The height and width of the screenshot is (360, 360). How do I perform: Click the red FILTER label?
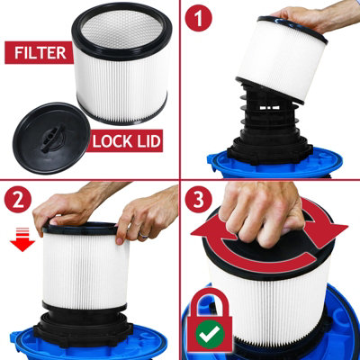(39, 53)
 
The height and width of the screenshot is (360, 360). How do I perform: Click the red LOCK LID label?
(125, 141)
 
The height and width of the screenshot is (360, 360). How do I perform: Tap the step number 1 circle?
(199, 18)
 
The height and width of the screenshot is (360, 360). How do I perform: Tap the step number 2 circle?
(18, 200)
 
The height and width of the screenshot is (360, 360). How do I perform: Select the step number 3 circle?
(199, 200)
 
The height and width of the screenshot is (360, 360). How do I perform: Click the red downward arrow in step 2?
(22, 239)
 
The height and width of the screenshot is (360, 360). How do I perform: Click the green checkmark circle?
(211, 334)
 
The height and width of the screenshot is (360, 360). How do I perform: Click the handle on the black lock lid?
(53, 139)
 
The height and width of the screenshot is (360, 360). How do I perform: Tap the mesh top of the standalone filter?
(121, 30)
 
